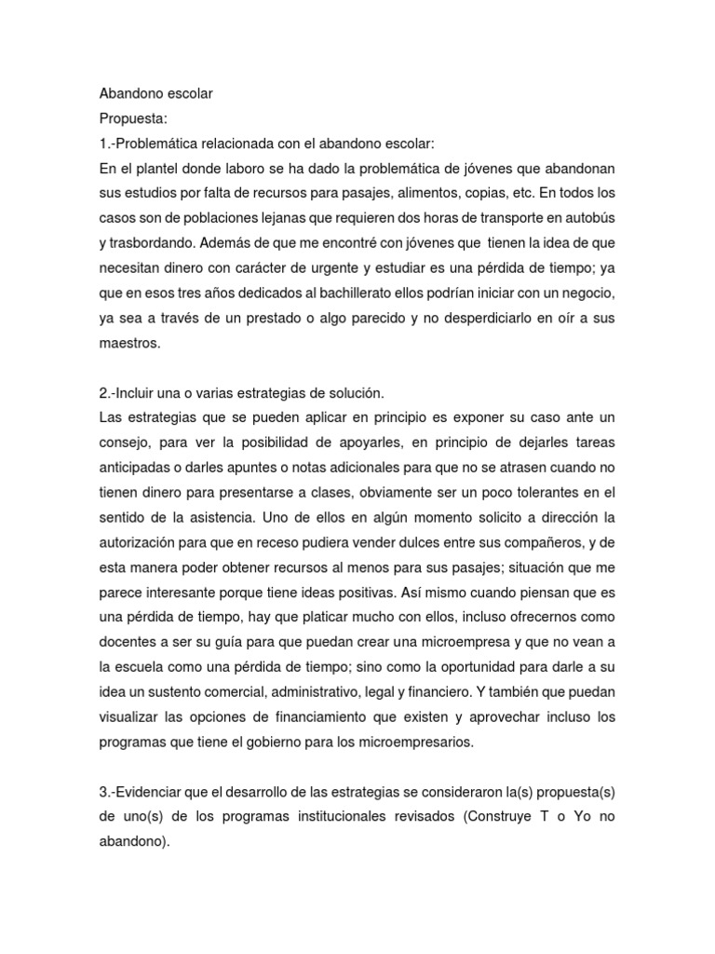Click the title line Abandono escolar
pos(155,94)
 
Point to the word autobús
pos(589,216)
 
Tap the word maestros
pos(130,343)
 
